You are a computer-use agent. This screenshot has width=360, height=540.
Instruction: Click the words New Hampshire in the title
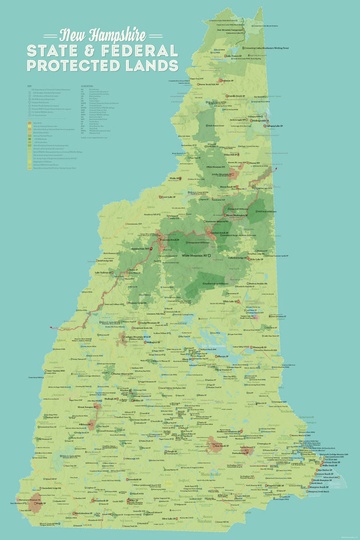point(103,36)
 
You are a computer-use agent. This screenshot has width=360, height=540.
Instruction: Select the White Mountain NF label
point(194,255)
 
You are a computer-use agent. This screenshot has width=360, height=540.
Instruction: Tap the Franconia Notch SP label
point(169,240)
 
